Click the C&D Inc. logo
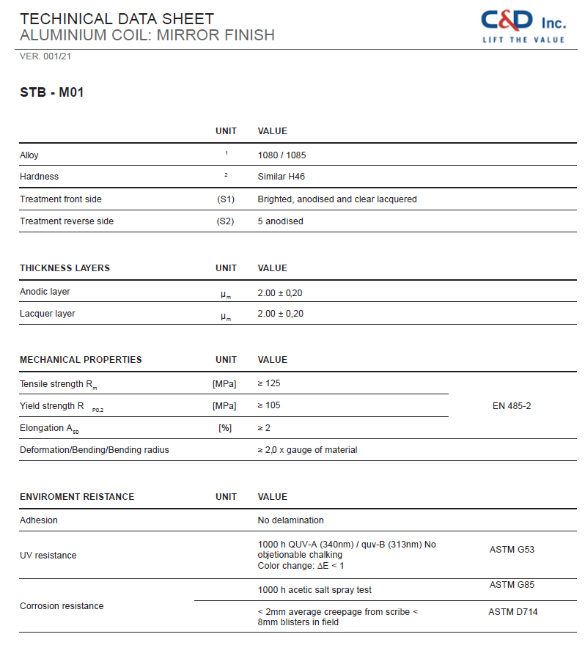[523, 25]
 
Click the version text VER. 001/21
[45, 56]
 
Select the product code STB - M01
[52, 93]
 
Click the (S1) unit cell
[226, 199]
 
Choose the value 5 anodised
[280, 221]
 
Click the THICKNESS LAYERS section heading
[65, 268]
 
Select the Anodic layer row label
[45, 292]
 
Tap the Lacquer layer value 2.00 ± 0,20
[280, 314]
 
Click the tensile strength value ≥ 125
[269, 383]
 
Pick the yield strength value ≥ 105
[269, 405]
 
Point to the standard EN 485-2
[512, 406]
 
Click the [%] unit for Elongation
[225, 428]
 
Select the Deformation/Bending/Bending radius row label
[95, 450]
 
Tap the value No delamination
[290, 520]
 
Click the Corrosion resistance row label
[62, 606]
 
